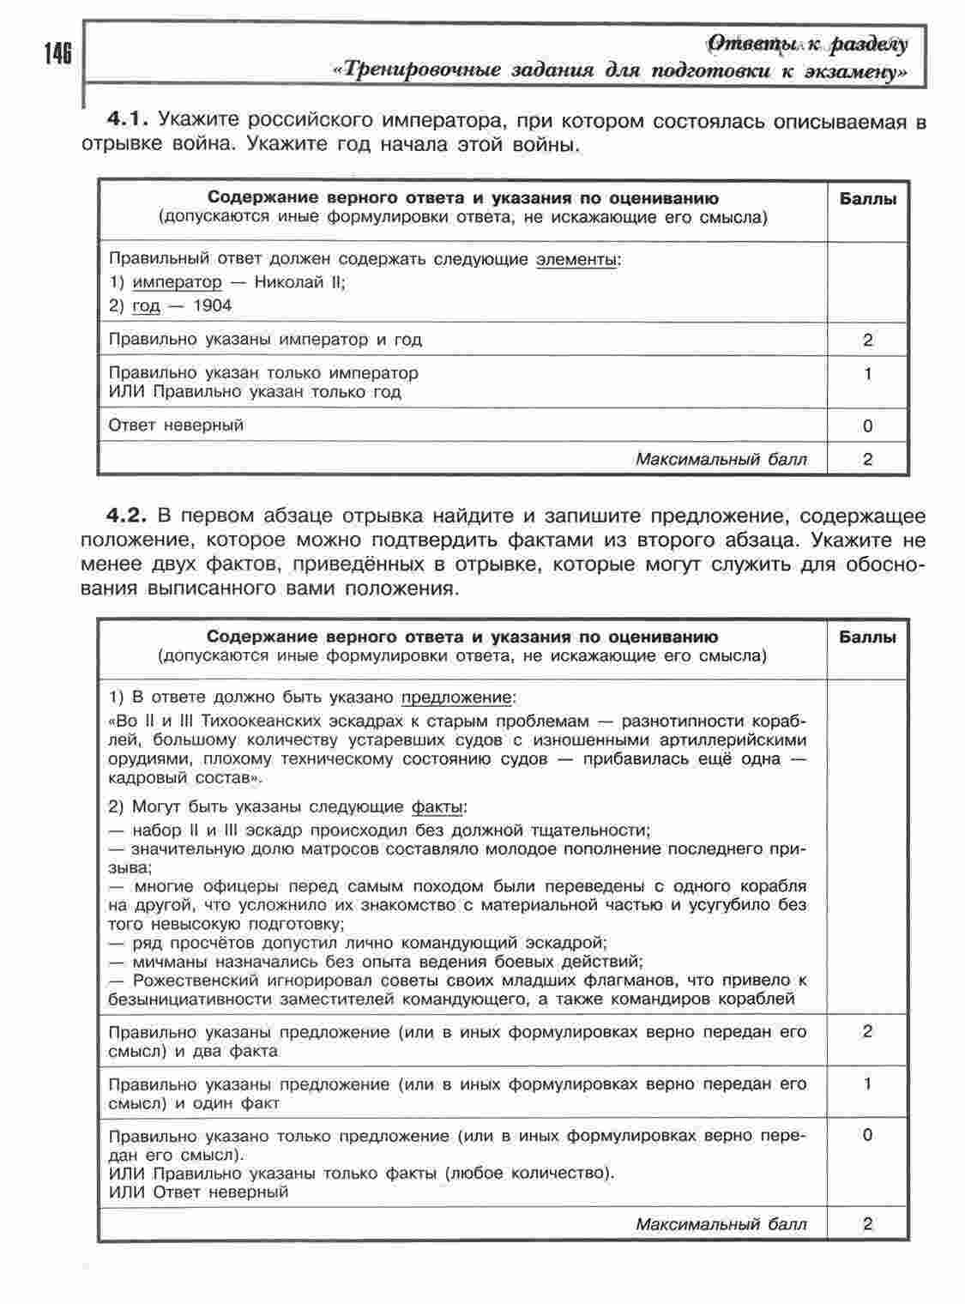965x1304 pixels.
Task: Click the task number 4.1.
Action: pos(128,120)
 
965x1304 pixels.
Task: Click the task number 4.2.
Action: pos(128,516)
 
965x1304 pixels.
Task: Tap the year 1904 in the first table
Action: pos(213,305)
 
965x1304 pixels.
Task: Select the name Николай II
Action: pos(299,282)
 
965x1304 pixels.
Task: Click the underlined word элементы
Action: pos(576,259)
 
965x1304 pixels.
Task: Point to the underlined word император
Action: pos(177,282)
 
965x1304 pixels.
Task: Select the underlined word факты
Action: pos(437,807)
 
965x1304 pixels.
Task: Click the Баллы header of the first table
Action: pos(867,199)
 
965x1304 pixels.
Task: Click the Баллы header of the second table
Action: pos(867,637)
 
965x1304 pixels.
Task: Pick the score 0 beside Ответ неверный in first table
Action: pos(868,426)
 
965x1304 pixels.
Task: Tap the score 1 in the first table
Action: pos(868,374)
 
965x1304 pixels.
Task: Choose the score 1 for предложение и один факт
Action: pos(868,1084)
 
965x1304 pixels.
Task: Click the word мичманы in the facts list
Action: pos(167,961)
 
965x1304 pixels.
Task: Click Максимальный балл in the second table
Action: pos(721,1224)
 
